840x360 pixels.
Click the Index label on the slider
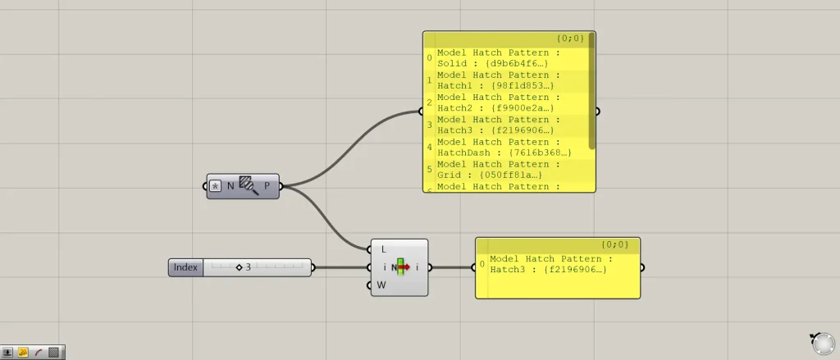click(x=185, y=267)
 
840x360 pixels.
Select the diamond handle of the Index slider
click(x=239, y=267)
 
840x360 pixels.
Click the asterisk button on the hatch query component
click(x=216, y=186)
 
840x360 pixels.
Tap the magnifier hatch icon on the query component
click(x=249, y=186)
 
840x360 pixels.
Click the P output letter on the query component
click(x=267, y=186)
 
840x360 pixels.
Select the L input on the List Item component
click(x=383, y=248)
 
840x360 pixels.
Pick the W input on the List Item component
click(x=382, y=285)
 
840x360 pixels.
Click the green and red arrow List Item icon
click(x=401, y=267)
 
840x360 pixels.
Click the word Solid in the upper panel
click(x=452, y=63)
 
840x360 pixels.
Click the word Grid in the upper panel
click(x=449, y=175)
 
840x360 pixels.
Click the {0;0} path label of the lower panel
click(x=614, y=244)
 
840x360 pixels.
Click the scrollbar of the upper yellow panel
click(x=591, y=90)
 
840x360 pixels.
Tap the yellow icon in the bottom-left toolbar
click(x=23, y=353)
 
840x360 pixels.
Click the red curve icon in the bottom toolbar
click(x=39, y=353)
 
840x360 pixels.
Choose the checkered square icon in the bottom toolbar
click(x=54, y=353)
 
